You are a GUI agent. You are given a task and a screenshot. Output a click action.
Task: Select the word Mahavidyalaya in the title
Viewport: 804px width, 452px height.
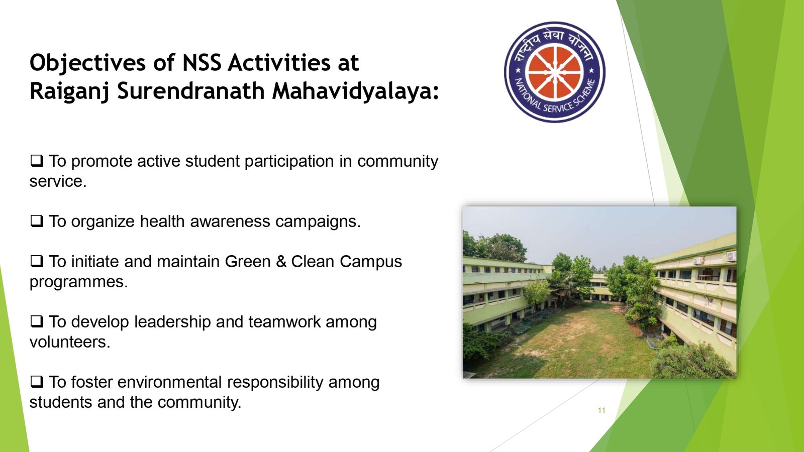click(x=355, y=92)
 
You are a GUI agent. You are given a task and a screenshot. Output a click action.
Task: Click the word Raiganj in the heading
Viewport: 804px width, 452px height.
click(x=70, y=92)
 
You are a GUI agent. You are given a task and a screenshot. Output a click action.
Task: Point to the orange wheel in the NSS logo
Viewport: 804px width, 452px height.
click(x=555, y=72)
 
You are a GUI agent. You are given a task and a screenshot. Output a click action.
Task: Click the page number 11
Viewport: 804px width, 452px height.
click(x=601, y=410)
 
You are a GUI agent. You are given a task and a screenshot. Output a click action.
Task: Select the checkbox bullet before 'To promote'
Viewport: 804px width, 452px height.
click(x=37, y=161)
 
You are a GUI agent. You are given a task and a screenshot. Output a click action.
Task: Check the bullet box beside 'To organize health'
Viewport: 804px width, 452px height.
click(x=37, y=221)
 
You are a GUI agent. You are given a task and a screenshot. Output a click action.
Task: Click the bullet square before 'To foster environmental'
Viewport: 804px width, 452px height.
click(x=37, y=382)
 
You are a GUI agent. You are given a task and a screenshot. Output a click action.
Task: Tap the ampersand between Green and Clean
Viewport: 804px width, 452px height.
click(x=281, y=262)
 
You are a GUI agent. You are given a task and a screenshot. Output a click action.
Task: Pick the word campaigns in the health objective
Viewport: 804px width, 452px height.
click(x=318, y=221)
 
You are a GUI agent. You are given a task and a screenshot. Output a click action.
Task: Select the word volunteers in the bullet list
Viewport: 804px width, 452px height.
click(x=70, y=342)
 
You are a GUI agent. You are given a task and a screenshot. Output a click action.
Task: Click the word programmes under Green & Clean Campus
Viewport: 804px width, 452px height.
click(x=78, y=282)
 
